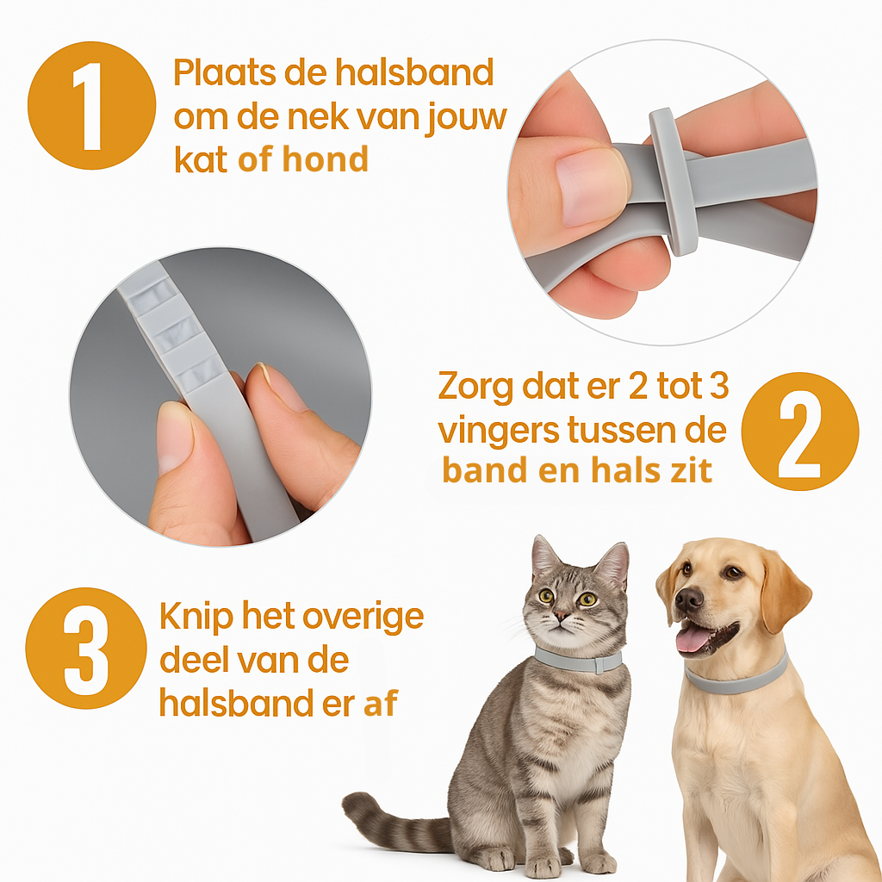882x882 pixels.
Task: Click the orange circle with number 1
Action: pos(91,105)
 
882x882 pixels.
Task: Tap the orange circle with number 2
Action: pos(800,431)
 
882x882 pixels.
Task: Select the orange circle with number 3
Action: pos(86,648)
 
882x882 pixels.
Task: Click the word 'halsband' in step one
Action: pos(414,73)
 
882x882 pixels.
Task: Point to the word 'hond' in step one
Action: pos(325,158)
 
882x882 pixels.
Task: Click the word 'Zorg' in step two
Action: pos(475,388)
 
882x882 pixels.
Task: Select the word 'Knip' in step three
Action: pos(196,618)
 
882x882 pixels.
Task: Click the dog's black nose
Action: pos(689,600)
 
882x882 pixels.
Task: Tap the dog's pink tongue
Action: pos(693,640)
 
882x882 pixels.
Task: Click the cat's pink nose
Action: pos(562,616)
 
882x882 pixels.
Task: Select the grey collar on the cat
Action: pos(578,661)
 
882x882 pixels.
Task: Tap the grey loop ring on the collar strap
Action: pos(674,181)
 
